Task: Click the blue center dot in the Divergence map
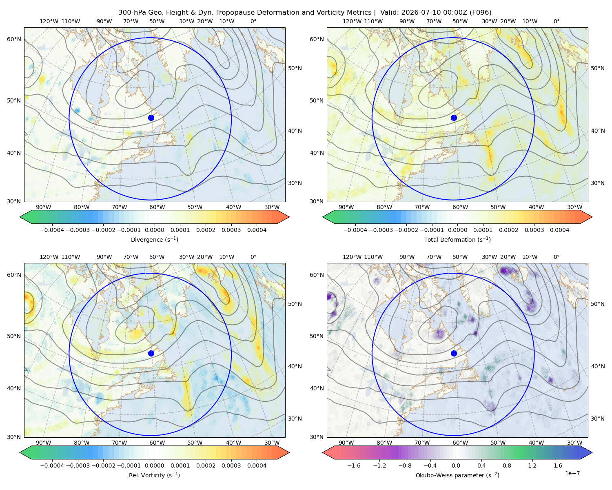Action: [151, 118]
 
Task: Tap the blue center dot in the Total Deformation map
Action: [454, 118]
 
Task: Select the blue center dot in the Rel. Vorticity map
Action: [151, 353]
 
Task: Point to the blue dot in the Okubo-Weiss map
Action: [454, 353]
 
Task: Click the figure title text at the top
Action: [305, 13]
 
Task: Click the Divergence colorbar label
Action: [154, 240]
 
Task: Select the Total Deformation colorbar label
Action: [457, 240]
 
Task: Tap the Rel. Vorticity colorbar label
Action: [154, 475]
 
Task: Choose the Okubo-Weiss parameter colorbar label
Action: [457, 475]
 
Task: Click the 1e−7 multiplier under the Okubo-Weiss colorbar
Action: [572, 473]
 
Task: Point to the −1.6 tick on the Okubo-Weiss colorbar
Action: [354, 465]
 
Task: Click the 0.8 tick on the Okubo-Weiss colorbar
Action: [507, 465]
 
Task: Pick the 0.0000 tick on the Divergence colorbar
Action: [154, 230]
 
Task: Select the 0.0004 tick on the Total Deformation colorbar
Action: [559, 230]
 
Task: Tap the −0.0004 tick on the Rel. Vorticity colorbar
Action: [52, 465]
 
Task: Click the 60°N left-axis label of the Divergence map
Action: [14, 39]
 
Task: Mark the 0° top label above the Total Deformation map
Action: [556, 21]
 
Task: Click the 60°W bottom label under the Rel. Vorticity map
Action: [157, 443]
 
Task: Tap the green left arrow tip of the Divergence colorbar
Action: [20, 217]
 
